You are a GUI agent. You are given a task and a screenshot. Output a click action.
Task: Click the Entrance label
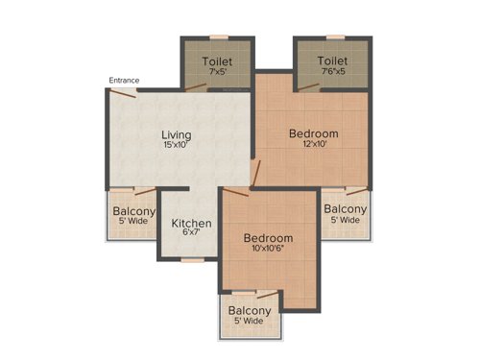tap(124, 80)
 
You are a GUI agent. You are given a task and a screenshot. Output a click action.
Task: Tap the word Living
tap(176, 134)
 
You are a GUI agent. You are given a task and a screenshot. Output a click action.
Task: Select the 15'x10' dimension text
tap(176, 147)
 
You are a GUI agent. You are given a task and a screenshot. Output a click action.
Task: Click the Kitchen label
tap(191, 224)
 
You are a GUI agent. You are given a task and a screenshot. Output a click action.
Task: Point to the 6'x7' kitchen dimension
tap(191, 235)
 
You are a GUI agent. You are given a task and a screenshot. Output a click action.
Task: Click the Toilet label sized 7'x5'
tap(218, 60)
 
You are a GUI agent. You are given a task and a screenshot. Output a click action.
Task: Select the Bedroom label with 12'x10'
tap(314, 133)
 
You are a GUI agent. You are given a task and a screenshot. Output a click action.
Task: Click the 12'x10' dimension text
tap(314, 146)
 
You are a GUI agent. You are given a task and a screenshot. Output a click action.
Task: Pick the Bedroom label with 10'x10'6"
tap(268, 237)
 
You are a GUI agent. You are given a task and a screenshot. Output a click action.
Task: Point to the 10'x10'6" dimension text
tap(268, 250)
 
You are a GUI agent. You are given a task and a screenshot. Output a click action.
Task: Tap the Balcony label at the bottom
tap(249, 310)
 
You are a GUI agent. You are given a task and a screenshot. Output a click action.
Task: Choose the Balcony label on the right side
tap(344, 209)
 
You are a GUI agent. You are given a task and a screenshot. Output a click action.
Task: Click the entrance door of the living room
tap(123, 91)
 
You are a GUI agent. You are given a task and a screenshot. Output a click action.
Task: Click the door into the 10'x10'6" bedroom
tap(252, 176)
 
